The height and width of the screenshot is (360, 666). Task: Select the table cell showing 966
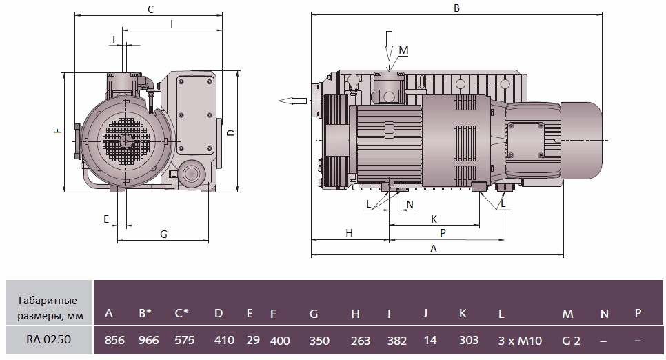click(x=148, y=340)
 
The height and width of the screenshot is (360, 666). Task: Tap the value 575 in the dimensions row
click(x=185, y=340)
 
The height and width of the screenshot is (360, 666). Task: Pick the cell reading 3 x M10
click(x=519, y=340)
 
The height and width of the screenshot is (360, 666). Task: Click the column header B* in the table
click(x=144, y=314)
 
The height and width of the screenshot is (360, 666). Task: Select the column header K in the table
click(x=463, y=314)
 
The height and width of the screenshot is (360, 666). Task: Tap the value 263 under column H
click(x=360, y=341)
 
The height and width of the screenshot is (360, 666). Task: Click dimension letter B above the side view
click(x=456, y=8)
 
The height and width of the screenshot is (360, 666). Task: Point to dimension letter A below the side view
click(x=433, y=249)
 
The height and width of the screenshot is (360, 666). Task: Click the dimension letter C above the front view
click(x=150, y=9)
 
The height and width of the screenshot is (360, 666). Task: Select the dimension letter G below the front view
click(x=163, y=234)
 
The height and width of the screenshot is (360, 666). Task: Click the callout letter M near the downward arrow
click(x=404, y=50)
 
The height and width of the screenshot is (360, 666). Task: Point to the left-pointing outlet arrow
click(x=292, y=101)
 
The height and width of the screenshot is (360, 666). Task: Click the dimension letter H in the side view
click(x=350, y=233)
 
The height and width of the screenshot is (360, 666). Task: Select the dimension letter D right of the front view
click(x=231, y=132)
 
